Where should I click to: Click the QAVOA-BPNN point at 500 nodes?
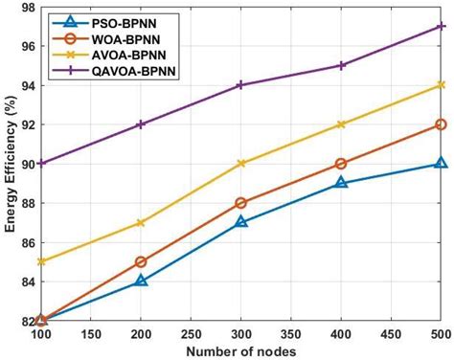click(x=441, y=26)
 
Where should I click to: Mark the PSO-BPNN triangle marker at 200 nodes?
click(x=141, y=281)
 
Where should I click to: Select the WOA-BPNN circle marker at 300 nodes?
click(x=240, y=202)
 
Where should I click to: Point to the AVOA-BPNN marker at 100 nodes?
click(x=41, y=261)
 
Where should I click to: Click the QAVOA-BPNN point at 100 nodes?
click(x=41, y=163)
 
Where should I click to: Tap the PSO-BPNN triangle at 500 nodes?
click(x=441, y=163)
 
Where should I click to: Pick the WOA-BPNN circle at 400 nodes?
click(x=341, y=163)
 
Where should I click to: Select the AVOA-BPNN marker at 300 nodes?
click(x=240, y=163)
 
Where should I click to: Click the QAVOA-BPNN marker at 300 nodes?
click(x=240, y=84)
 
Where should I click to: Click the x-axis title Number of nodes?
click(x=240, y=350)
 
